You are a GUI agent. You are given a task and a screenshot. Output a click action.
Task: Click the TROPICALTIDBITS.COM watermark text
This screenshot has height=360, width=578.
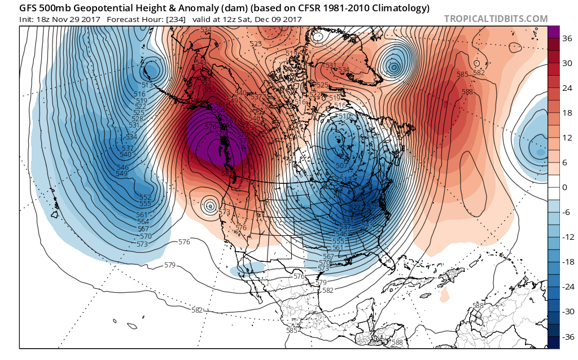coord(496,19)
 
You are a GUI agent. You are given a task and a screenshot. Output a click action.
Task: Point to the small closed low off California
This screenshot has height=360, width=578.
coord(210,206)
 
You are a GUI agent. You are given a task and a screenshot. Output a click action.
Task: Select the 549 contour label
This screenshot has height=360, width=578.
coord(121,174)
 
